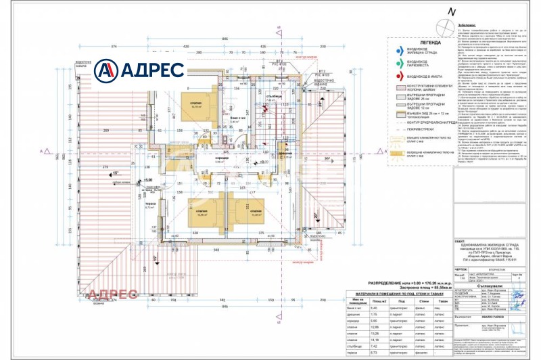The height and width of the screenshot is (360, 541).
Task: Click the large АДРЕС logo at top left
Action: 138,69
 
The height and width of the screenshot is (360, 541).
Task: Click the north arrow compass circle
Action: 446,28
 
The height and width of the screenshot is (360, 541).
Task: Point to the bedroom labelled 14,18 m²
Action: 197,106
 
